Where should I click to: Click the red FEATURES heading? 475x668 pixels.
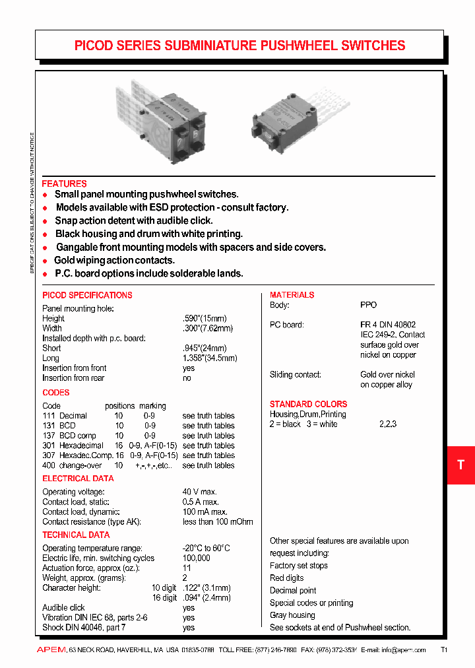point(64,184)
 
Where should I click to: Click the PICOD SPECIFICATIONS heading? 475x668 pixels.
point(87,295)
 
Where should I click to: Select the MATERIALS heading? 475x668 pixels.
point(292,295)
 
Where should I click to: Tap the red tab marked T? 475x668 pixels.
point(460,465)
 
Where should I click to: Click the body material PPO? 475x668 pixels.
point(368,305)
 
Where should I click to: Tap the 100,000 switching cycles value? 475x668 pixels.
point(197,558)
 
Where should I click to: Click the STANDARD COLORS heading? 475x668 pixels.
point(308,404)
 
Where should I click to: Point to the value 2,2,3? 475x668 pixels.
point(388,424)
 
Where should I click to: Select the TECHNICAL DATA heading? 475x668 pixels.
point(76,535)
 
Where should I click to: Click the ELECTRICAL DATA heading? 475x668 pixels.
point(78,478)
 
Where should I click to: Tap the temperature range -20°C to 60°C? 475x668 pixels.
point(206,548)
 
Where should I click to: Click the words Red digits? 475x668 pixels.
point(286,578)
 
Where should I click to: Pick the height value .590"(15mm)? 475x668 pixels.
point(207,318)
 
